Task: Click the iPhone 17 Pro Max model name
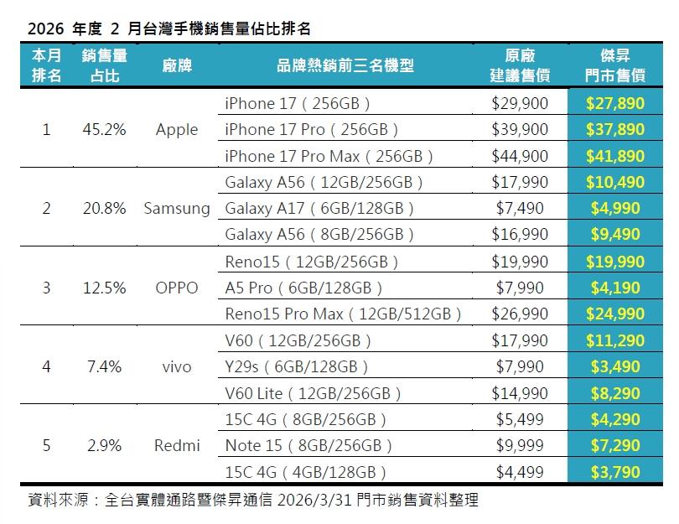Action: point(329,156)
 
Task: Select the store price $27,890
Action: point(615,103)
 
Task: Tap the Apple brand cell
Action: point(177,130)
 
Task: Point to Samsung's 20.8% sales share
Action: point(105,209)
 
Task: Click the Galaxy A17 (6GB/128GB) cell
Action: point(320,209)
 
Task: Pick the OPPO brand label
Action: point(177,288)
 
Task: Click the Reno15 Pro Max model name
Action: point(344,314)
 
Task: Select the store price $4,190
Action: point(615,288)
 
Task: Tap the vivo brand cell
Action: point(177,366)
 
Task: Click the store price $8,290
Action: point(615,392)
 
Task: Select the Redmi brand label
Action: point(177,445)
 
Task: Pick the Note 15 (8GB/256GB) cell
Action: point(308,445)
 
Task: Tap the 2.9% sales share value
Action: point(105,445)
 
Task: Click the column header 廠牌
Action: point(177,65)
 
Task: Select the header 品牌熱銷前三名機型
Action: point(345,65)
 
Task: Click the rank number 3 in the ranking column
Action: point(46,288)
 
